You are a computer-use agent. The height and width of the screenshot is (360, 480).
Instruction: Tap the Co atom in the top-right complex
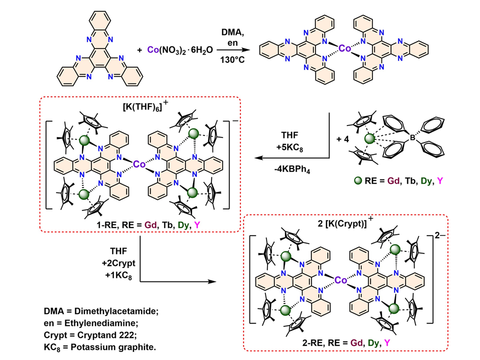[x=344, y=48]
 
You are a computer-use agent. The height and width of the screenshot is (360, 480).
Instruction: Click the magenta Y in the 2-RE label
[x=383, y=341]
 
